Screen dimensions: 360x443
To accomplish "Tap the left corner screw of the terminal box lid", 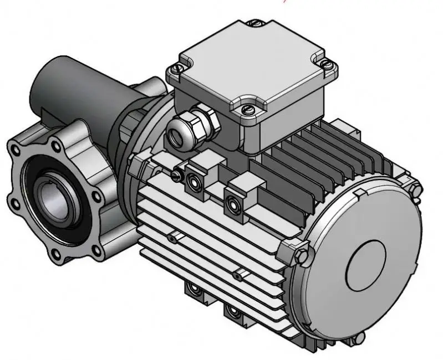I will click(x=176, y=69).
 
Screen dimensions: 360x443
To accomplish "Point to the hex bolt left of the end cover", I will click(x=299, y=255).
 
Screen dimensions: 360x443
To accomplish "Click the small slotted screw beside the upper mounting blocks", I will click(x=177, y=174).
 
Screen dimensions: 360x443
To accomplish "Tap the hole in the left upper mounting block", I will click(x=194, y=181).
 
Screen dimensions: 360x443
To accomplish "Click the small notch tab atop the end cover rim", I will click(x=359, y=192).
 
